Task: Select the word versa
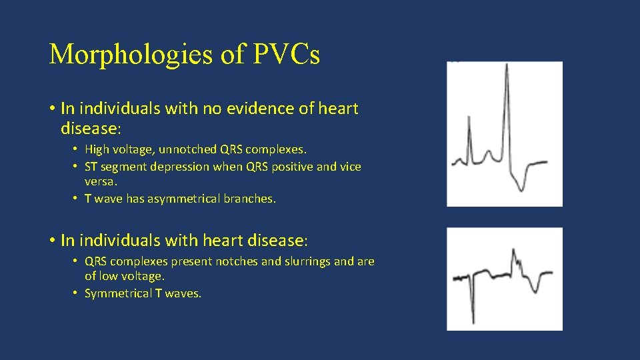[99, 181]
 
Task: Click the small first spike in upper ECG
[469, 120]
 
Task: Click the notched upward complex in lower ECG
[514, 257]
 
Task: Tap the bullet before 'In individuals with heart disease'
[51, 239]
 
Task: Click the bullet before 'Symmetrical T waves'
[77, 293]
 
